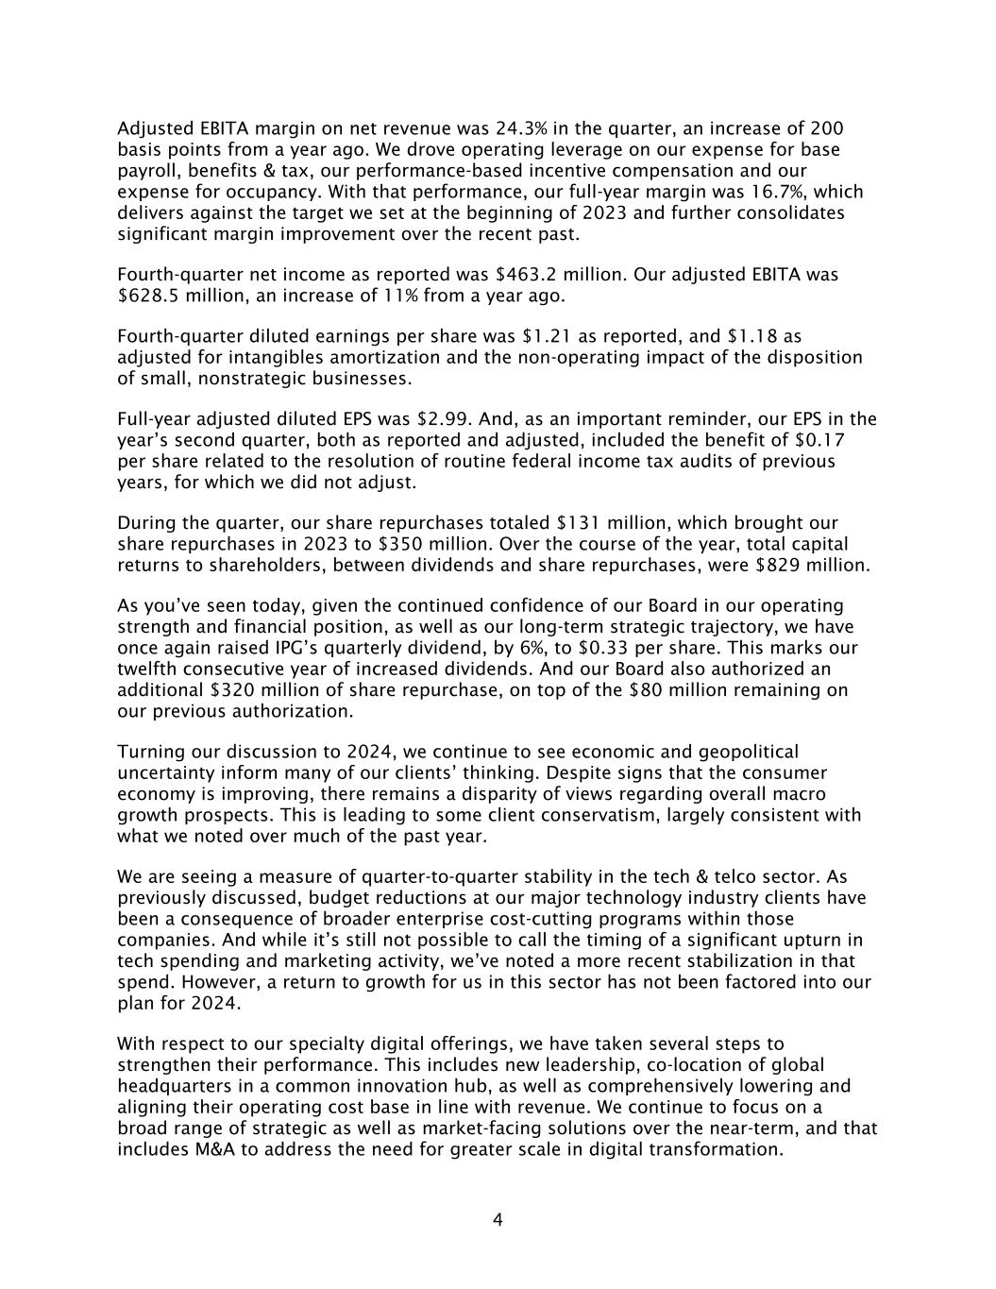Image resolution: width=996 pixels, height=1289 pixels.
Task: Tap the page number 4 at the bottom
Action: (x=498, y=1220)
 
